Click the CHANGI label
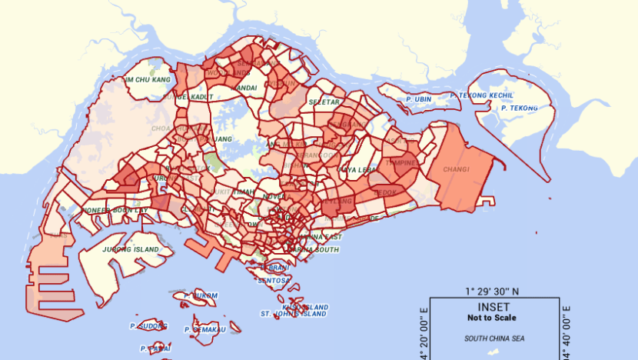point(456,169)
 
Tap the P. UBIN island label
point(418,99)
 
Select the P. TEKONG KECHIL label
point(482,95)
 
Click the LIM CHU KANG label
point(147,79)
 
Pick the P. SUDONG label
point(149,325)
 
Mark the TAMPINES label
point(400,163)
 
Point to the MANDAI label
point(243,88)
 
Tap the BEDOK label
point(387,192)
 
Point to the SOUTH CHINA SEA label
point(493,338)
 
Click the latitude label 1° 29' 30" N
point(492,292)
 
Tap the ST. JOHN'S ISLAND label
point(294,314)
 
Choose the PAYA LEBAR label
point(358,169)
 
